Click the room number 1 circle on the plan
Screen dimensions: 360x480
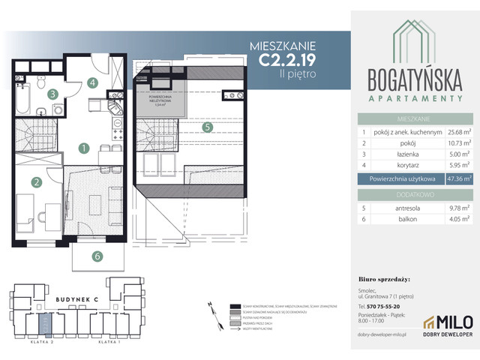pyautogui.click(x=85, y=148)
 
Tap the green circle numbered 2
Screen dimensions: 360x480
pyautogui.click(x=35, y=181)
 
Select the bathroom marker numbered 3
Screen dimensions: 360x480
pyautogui.click(x=52, y=94)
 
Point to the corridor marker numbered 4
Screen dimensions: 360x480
pyautogui.click(x=92, y=82)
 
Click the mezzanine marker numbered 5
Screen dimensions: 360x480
pyautogui.click(x=206, y=127)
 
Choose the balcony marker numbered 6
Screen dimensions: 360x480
pyautogui.click(x=97, y=256)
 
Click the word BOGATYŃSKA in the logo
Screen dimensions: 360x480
pyautogui.click(x=414, y=79)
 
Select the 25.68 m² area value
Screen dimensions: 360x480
pyautogui.click(x=457, y=132)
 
